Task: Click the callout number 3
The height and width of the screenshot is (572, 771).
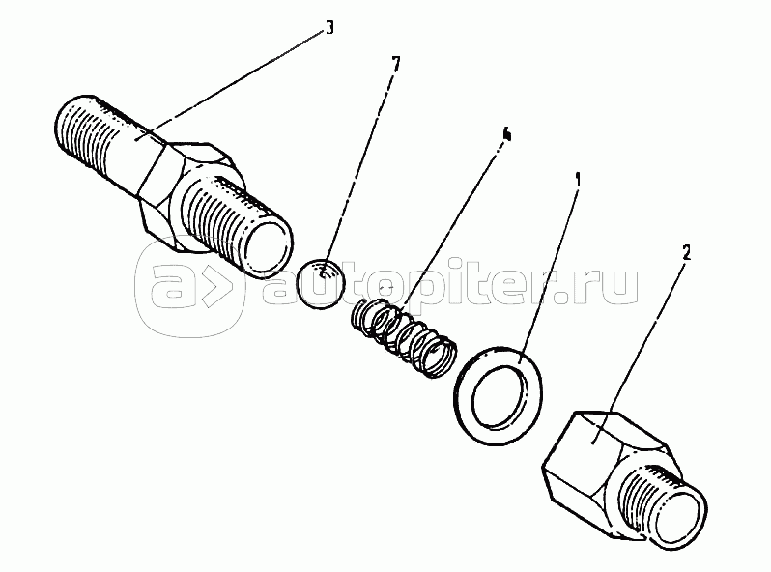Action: (329, 28)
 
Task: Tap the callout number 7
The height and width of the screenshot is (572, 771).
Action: (396, 64)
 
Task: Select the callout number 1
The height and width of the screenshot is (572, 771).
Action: (578, 180)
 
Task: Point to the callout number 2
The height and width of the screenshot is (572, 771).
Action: (686, 252)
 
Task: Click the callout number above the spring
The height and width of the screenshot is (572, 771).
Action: (506, 134)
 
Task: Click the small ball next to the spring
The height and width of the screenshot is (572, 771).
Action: (323, 283)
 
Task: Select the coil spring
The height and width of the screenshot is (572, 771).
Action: (404, 337)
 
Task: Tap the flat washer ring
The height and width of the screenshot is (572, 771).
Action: (499, 395)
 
